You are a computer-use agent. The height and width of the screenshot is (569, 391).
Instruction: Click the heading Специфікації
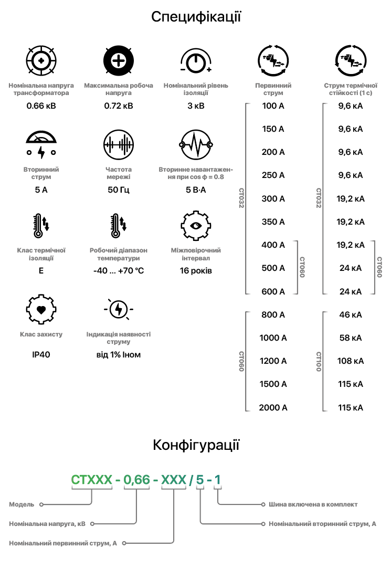coord(195,17)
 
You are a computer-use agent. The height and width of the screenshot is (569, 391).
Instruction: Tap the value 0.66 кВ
coord(41,106)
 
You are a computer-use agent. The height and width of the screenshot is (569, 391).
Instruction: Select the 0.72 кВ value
coord(119,106)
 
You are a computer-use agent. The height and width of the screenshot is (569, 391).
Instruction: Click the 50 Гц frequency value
coord(119,190)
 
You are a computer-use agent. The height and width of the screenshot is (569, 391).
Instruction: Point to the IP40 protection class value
coord(41,355)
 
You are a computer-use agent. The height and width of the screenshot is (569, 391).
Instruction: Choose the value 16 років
coord(196,271)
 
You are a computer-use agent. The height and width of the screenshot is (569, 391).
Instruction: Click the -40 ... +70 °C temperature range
coord(119,271)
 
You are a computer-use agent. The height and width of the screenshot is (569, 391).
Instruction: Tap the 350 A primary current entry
coord(273,222)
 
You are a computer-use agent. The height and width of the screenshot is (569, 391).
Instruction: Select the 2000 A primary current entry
coord(273,407)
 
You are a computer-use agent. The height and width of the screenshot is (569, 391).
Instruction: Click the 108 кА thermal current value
coord(351,361)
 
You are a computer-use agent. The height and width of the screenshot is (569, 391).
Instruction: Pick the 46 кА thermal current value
coord(351,315)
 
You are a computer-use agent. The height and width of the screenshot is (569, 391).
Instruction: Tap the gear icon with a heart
coord(41,309)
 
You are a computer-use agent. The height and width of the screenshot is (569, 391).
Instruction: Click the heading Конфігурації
coord(195,446)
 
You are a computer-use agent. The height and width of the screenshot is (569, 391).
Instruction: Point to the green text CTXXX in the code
coord(92,479)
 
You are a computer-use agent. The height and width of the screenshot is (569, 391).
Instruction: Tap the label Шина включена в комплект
coord(313,504)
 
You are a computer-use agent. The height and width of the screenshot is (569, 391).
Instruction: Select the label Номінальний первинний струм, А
coord(63,544)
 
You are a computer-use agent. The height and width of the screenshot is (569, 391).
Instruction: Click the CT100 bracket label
coord(319,362)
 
